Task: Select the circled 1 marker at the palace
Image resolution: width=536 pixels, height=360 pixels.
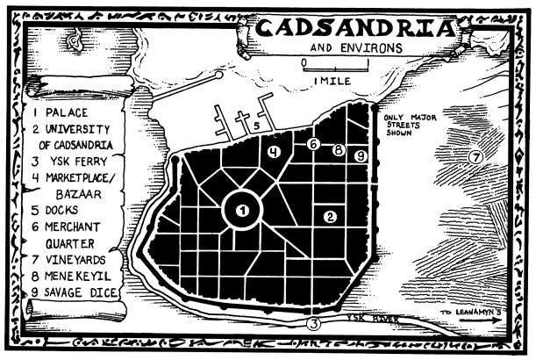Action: (x=243, y=209)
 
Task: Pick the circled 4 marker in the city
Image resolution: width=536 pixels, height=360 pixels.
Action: (x=275, y=152)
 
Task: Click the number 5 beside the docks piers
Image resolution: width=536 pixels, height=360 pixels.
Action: (x=256, y=127)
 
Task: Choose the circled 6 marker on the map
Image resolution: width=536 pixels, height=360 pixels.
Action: (x=313, y=144)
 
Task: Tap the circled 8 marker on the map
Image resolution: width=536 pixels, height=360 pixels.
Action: (x=338, y=150)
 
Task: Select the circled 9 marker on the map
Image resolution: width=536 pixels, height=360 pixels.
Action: (x=360, y=155)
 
